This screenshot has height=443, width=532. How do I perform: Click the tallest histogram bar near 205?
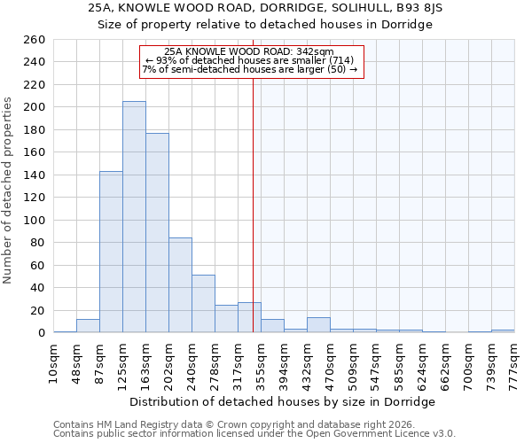[134, 217]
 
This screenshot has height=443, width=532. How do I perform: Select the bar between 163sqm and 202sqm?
[157, 233]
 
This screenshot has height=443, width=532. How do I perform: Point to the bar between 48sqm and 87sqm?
[88, 326]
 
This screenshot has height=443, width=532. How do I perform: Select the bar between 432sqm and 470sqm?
[318, 325]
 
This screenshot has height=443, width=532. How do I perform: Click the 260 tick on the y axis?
[35, 40]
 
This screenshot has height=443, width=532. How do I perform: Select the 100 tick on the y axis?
[35, 220]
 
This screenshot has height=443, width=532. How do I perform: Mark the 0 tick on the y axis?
[41, 333]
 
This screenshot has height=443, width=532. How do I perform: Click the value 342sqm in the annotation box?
[317, 52]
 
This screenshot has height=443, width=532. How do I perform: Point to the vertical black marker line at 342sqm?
[253, 204]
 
